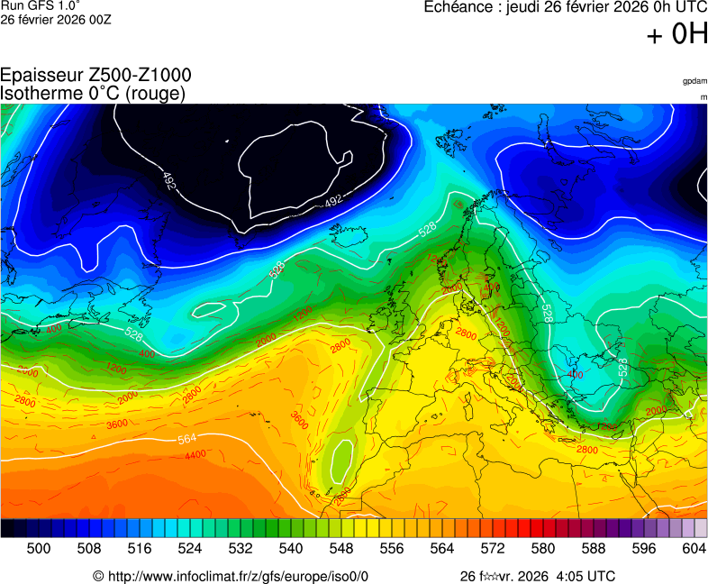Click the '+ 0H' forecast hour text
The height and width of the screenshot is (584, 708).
(x=677, y=35)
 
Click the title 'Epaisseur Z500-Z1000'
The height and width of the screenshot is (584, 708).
(x=95, y=76)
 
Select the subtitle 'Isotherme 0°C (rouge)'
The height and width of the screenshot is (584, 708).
(x=93, y=93)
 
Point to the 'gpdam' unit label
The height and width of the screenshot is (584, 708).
(x=694, y=81)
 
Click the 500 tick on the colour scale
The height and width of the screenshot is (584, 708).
(x=38, y=548)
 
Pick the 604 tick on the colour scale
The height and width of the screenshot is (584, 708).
(x=694, y=548)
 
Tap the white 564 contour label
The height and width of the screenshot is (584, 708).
(x=186, y=439)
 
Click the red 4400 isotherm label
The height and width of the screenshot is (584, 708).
(x=195, y=455)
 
